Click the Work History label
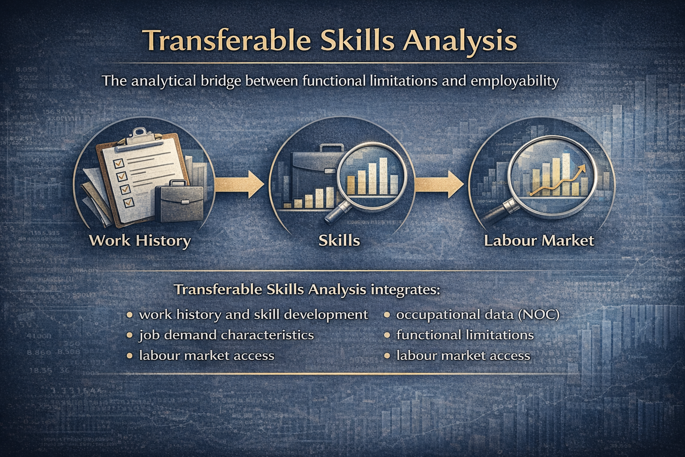140,241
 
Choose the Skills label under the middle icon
339,241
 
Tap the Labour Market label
539,241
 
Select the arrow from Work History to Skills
239,183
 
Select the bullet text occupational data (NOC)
478,315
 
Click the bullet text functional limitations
465,335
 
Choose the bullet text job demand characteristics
226,335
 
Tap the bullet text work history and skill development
253,315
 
